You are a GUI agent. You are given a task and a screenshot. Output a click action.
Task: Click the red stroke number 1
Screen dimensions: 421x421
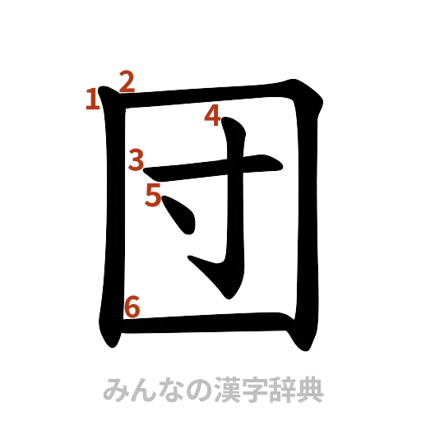pyautogui.click(x=93, y=100)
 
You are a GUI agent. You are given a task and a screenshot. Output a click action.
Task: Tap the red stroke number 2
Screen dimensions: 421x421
pyautogui.click(x=127, y=81)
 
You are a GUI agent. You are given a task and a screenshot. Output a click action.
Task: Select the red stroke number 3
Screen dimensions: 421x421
pyautogui.click(x=136, y=159)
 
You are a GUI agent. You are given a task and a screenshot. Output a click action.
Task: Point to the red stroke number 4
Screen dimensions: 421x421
pyautogui.click(x=213, y=116)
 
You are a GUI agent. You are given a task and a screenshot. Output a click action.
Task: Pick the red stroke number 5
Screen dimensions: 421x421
pyautogui.click(x=154, y=196)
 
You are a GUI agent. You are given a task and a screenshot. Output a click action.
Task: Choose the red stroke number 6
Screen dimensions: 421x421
pyautogui.click(x=132, y=307)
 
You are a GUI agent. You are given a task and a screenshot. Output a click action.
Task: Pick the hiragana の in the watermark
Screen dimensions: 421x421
pyautogui.click(x=190, y=389)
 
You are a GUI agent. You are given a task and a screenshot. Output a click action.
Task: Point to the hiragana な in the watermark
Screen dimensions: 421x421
pyautogui.click(x=164, y=389)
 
